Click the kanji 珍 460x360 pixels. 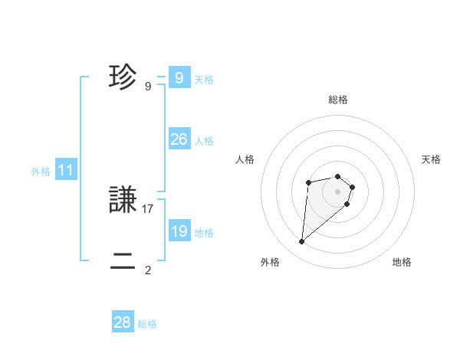tap(123, 77)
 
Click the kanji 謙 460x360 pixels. tap(123, 201)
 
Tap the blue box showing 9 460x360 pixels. tap(179, 77)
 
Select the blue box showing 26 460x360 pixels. tap(179, 139)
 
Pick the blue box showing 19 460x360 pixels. tap(179, 231)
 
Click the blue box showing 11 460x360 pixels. tap(65, 170)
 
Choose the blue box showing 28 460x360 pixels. tap(123, 322)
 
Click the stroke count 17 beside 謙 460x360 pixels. tap(148, 208)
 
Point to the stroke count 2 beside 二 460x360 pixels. tap(148, 270)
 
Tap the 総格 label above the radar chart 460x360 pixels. tap(338, 100)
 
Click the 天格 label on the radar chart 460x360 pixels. tap(431, 159)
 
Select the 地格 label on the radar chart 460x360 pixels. tap(402, 262)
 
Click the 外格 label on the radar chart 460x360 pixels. tap(270, 262)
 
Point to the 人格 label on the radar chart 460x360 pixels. tap(245, 159)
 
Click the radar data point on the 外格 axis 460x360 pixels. tap(302, 242)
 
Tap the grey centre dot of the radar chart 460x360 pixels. tap(338, 191)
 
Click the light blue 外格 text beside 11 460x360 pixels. tap(41, 172)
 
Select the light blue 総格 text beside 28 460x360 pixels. tap(147, 324)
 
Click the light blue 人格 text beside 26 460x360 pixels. tap(204, 141)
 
